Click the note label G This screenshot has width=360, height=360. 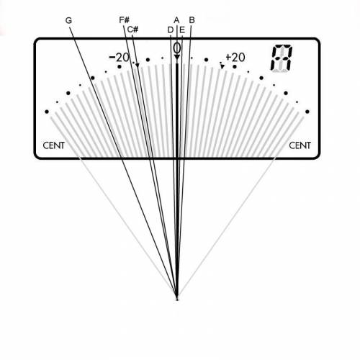[68, 20]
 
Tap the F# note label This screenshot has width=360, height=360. [125, 20]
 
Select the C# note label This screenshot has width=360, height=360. [132, 30]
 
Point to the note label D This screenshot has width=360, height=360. [171, 30]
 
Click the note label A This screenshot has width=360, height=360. [176, 20]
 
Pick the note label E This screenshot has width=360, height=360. [182, 30]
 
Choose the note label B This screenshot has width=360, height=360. [192, 20]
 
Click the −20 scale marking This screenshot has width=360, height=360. [120, 58]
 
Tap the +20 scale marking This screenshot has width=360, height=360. [235, 58]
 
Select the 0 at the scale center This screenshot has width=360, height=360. [177, 48]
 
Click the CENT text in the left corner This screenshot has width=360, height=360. [54, 145]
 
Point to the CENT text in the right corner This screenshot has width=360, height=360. [300, 145]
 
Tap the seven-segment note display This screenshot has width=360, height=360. [282, 58]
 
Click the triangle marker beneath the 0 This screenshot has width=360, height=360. [177, 57]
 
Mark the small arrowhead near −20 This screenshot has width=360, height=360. [138, 66]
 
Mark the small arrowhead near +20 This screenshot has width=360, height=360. [222, 66]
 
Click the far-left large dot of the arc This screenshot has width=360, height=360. [47, 112]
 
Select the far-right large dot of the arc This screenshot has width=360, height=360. [307, 112]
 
